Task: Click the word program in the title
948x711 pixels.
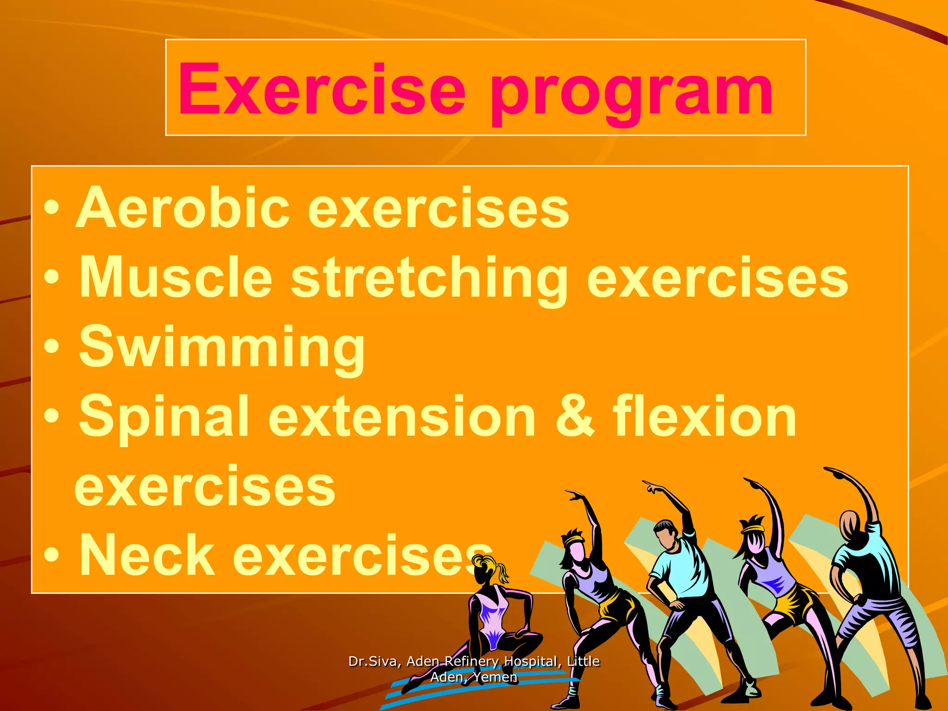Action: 632,93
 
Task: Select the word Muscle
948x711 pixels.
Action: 176,277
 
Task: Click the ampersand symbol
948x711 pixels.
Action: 574,417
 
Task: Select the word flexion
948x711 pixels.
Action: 704,417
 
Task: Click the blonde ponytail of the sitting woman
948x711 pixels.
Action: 502,572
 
